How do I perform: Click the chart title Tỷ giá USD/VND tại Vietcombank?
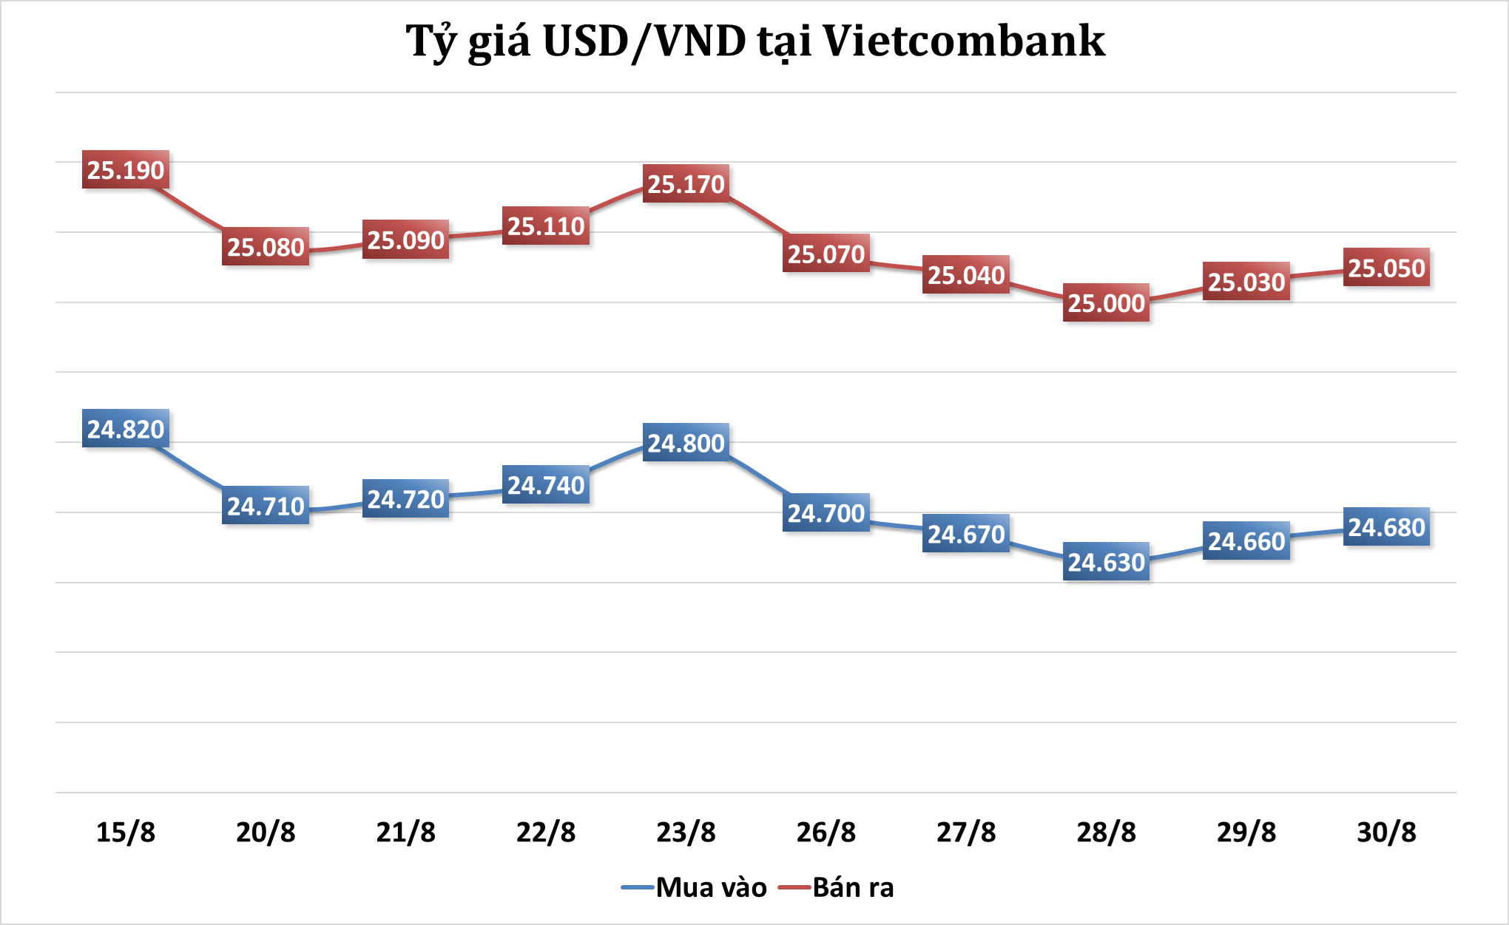point(755,41)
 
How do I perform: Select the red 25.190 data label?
point(126,170)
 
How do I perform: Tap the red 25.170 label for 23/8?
point(686,184)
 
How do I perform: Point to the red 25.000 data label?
point(1106,303)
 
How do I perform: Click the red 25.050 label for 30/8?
point(1386,268)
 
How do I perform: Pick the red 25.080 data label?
point(266,247)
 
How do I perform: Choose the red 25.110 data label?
point(546,226)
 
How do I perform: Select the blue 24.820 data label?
point(126,429)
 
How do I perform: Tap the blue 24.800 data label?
point(686,443)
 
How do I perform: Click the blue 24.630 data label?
point(1106,562)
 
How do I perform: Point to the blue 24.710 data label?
point(266,506)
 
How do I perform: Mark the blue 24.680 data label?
point(1386,527)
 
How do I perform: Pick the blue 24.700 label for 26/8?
point(826,513)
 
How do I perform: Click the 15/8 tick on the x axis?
point(126,833)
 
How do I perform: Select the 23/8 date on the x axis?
point(686,833)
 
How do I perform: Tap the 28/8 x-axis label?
point(1106,833)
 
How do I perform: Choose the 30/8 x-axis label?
point(1386,833)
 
